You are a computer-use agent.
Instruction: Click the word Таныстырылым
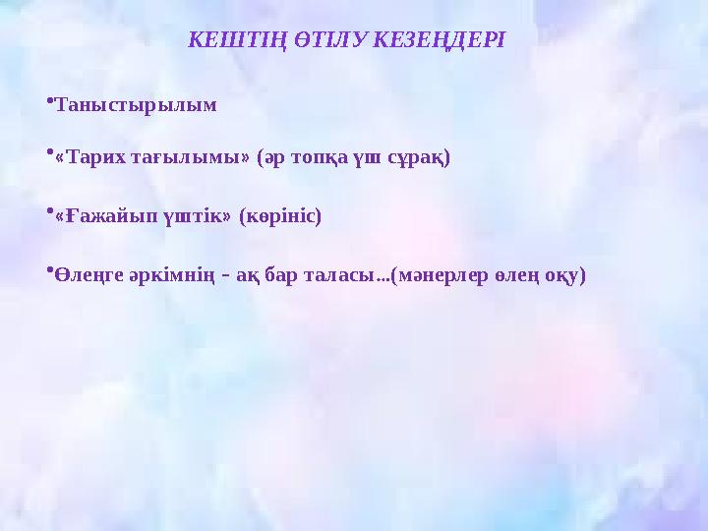coord(136,104)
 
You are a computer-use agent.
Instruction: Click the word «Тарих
coord(89,157)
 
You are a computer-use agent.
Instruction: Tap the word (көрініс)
coord(280,216)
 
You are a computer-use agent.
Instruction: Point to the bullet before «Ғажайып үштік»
coord(48,210)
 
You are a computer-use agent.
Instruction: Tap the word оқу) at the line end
coord(563,276)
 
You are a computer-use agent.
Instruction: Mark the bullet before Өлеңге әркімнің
coord(48,270)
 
